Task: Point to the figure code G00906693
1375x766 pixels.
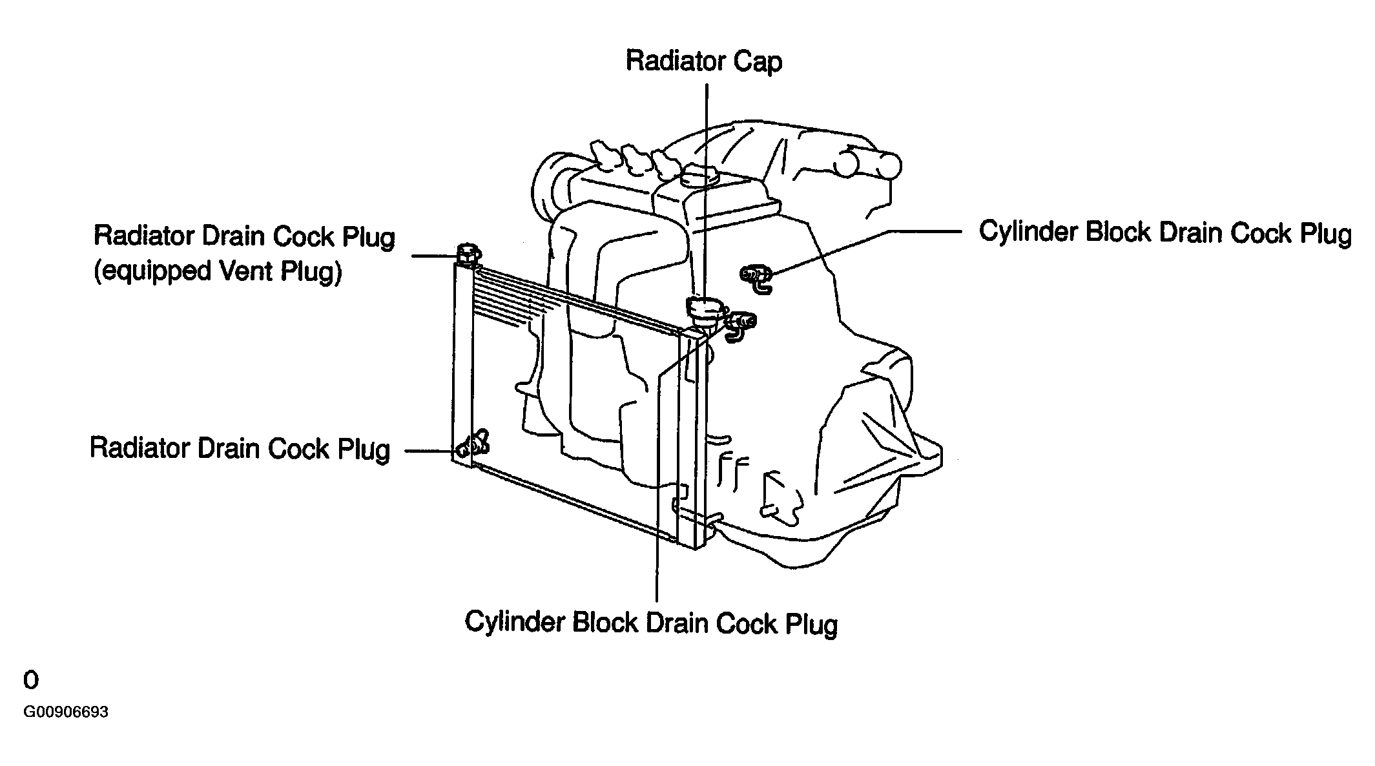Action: point(66,712)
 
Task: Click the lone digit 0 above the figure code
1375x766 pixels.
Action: point(30,680)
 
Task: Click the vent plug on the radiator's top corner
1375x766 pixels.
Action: point(467,254)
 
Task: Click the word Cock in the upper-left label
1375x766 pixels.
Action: point(306,236)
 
